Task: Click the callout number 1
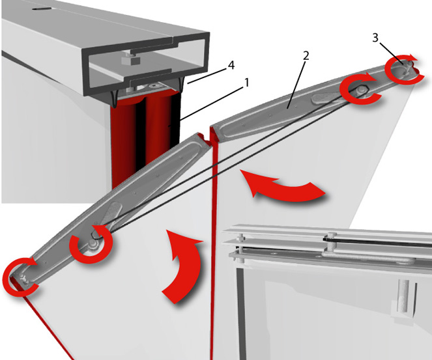point(247,82)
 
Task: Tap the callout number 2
point(306,56)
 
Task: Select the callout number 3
point(375,38)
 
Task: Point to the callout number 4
point(231,65)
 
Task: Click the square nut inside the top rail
point(130,59)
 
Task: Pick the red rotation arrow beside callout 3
point(404,69)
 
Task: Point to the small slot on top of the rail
point(42,9)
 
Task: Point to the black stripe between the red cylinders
point(141,132)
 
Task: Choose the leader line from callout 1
point(212,104)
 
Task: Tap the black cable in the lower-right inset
point(377,242)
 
